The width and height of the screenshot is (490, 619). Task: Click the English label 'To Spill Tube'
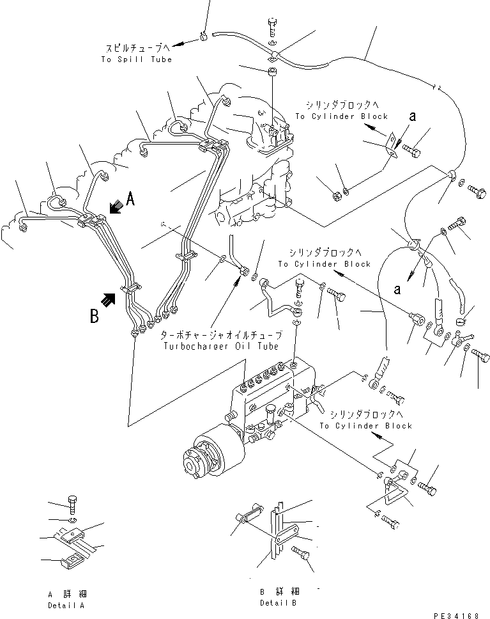point(136,59)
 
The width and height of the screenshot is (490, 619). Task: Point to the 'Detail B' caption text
point(278,603)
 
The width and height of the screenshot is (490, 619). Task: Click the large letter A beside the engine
point(130,200)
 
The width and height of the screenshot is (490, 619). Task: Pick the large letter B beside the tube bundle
point(95,315)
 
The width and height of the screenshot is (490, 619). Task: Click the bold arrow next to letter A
point(116,206)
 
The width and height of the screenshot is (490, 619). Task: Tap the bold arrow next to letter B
point(111,298)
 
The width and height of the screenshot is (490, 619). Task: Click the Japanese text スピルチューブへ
point(136,49)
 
